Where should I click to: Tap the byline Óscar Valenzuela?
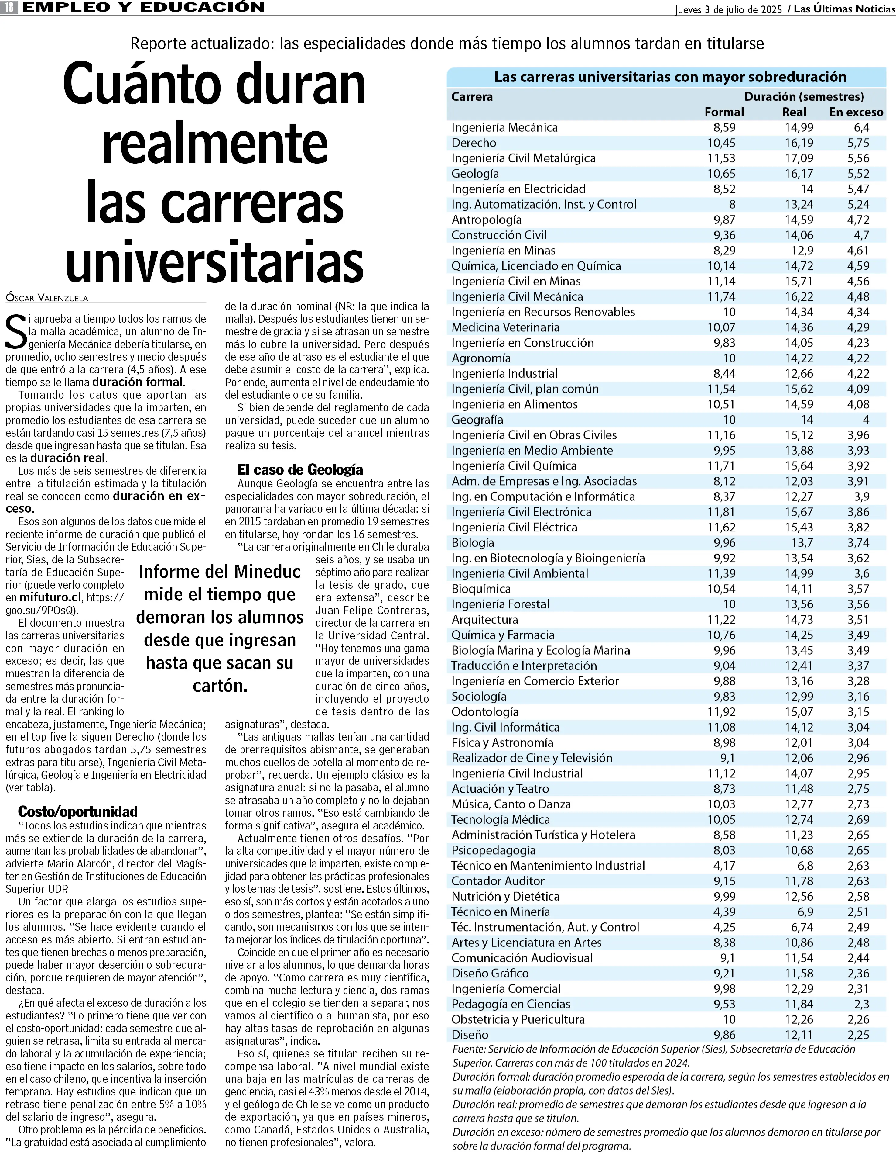(47, 298)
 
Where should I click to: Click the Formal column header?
(724, 112)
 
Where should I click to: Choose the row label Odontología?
(484, 712)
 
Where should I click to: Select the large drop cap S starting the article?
(16, 331)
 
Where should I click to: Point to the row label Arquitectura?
(484, 620)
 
